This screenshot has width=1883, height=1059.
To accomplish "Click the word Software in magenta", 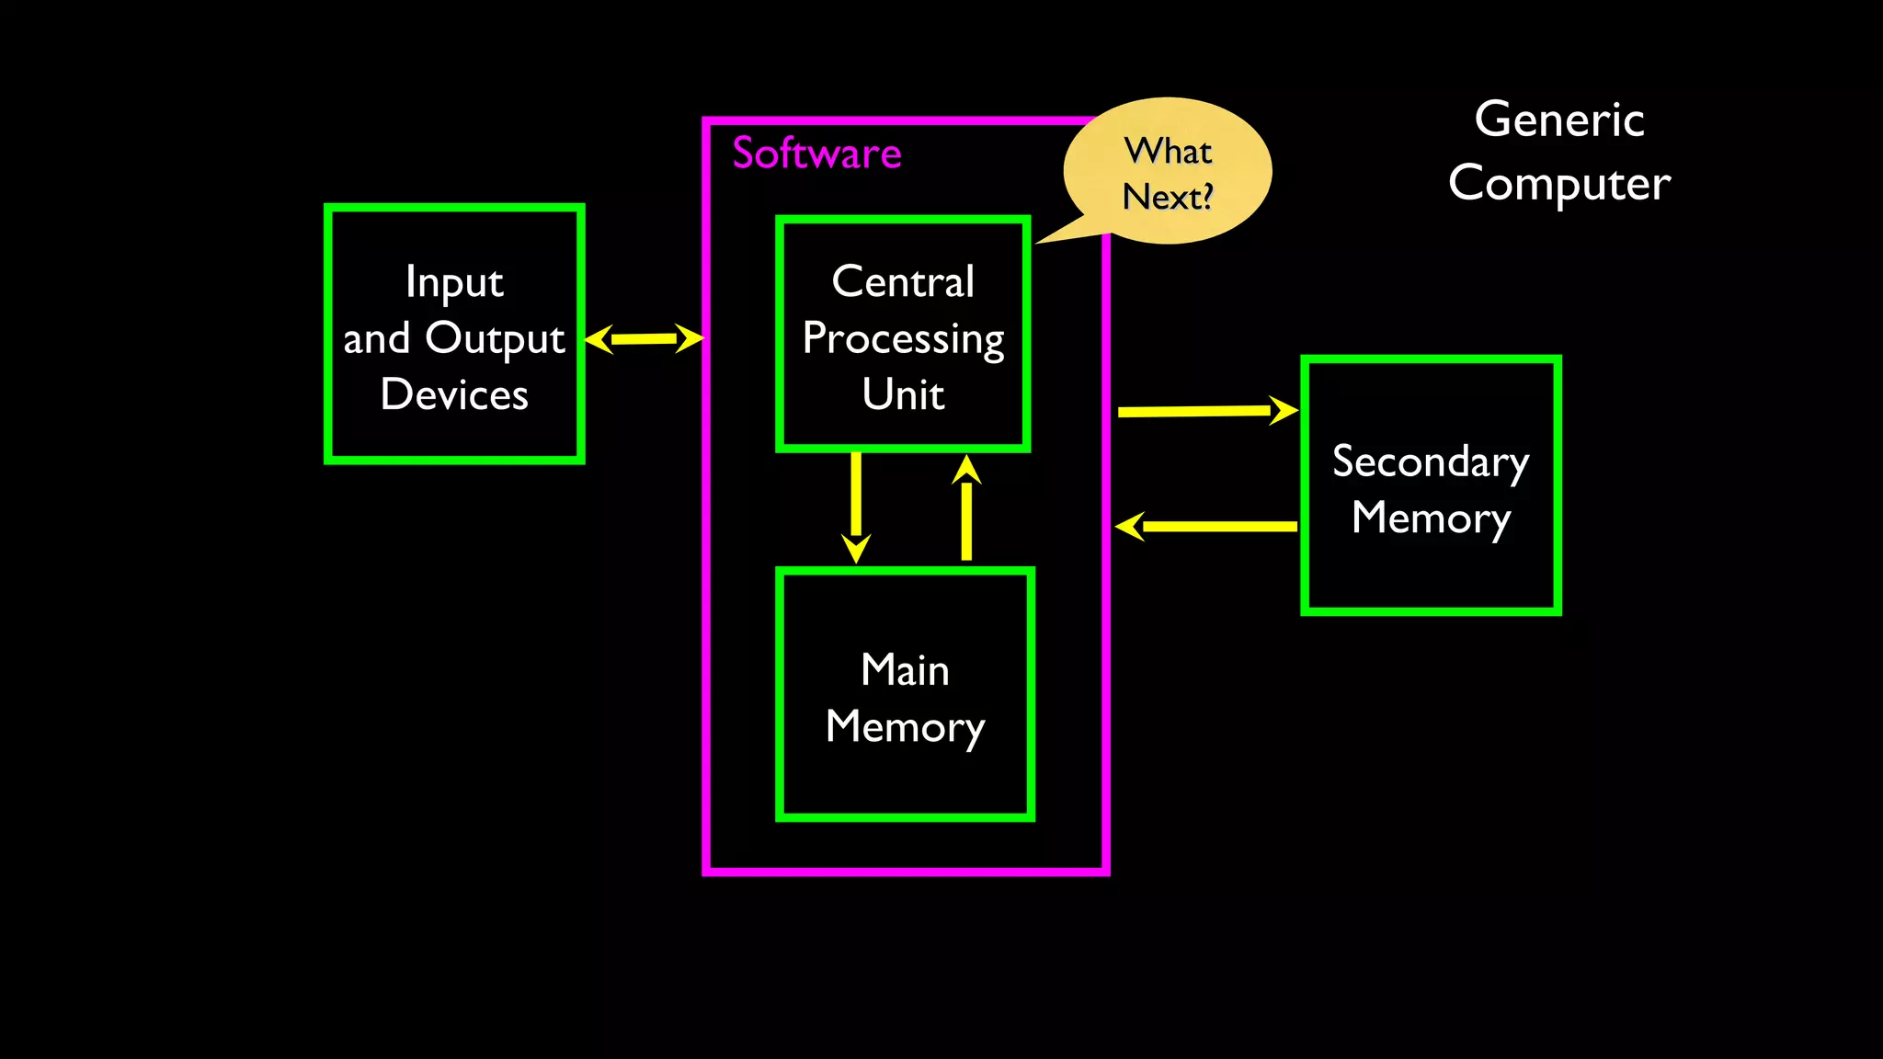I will (816, 154).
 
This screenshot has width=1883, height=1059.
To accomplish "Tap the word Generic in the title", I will (1559, 120).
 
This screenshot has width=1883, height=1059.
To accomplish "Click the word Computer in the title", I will (1559, 184).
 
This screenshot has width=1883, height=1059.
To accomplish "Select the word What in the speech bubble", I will (1169, 151).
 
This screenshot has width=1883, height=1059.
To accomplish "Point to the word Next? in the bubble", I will (1168, 197).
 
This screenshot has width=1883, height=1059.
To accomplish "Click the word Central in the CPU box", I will (903, 281).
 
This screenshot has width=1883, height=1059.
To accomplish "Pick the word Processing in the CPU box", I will (903, 339).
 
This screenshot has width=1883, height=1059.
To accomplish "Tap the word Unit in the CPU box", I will (903, 395).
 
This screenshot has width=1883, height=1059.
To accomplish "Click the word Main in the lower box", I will (905, 670).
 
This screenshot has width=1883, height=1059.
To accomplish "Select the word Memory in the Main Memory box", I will (905, 727).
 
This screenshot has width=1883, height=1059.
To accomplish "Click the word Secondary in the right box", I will (1431, 461).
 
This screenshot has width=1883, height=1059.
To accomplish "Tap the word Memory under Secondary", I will (1431, 518).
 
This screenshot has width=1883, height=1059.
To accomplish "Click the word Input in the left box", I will (454, 282).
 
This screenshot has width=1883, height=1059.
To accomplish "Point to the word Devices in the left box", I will (454, 395).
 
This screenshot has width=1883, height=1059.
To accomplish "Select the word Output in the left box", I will (495, 339).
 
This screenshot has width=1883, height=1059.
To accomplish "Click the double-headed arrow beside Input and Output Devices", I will (644, 338).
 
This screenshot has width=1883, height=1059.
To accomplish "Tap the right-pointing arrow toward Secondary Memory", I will (1204, 411).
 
